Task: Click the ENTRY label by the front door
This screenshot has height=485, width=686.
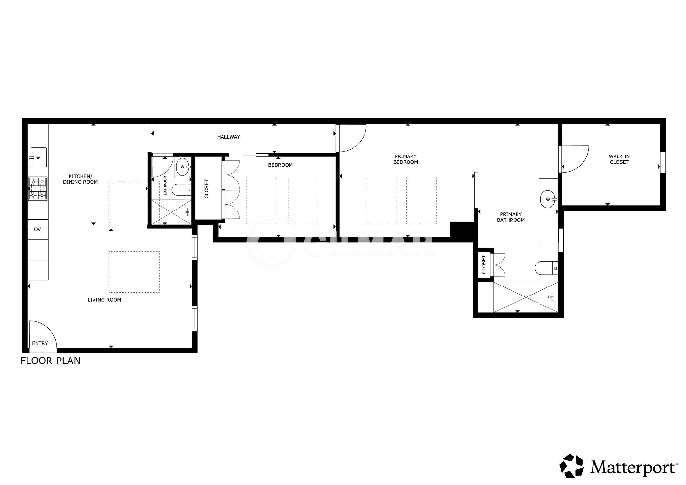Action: pos(40,343)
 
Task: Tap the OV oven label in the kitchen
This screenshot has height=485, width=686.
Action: pos(38,229)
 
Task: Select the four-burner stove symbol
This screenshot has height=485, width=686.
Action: pos(38,189)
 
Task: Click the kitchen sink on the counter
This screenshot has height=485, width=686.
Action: pos(38,157)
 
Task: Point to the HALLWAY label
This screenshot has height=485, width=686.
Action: pos(229,137)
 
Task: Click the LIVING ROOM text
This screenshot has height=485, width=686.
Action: pos(104,300)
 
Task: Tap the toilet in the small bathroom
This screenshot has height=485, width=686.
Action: pos(181,190)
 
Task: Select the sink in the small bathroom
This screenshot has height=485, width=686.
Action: pos(183,167)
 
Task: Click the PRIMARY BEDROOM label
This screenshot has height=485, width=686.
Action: pos(406,159)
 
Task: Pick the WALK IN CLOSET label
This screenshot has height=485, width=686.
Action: pos(619,159)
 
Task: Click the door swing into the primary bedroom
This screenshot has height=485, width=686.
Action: pos(352,138)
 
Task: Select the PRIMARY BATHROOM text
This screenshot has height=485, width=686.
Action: pos(511,217)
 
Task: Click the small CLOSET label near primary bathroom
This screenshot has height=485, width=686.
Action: pos(484,264)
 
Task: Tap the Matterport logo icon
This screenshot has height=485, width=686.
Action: pos(572,466)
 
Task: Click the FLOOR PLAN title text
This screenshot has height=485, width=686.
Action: pos(50,361)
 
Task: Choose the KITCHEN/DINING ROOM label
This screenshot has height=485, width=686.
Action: pos(80,179)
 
